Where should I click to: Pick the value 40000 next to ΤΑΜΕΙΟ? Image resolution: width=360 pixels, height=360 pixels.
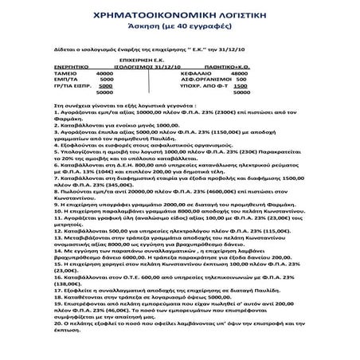click(104, 74)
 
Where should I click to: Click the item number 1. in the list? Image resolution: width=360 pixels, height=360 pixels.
click(55, 114)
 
